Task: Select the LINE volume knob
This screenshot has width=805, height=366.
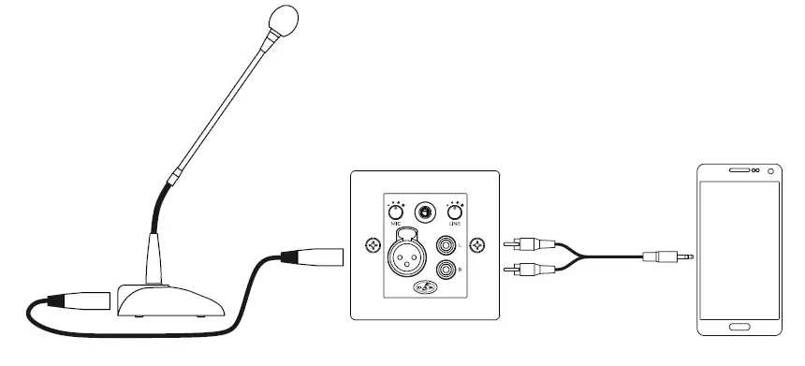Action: click(456, 212)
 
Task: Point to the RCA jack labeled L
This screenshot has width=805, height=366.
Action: click(446, 246)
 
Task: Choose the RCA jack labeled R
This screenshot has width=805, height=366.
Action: click(446, 270)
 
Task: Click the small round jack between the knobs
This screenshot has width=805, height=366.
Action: click(425, 212)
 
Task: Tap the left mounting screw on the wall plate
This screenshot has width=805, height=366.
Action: click(373, 245)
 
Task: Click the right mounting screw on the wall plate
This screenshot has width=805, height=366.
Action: click(478, 245)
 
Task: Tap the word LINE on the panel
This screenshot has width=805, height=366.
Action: click(456, 225)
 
